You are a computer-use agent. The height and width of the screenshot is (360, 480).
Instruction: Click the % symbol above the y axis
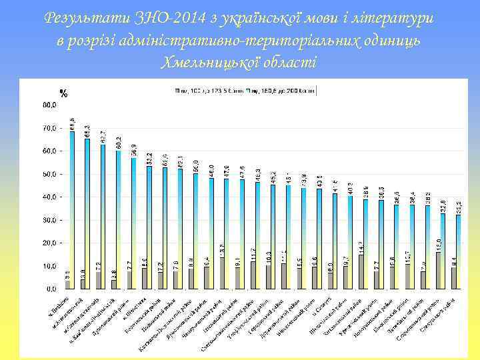tap(63, 93)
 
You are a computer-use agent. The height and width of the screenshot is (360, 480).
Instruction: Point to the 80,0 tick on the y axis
tap(49, 105)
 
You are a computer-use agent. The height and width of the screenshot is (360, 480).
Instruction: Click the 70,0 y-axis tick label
tap(49, 128)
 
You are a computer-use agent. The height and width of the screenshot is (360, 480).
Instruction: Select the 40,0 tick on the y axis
tap(49, 197)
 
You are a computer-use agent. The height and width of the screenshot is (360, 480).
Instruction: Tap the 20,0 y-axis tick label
tap(49, 243)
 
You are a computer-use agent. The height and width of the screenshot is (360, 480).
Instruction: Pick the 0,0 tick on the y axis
tap(51, 289)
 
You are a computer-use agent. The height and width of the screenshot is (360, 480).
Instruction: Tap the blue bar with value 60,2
tap(119, 219)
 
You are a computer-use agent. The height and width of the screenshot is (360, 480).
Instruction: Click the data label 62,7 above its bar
tap(103, 136)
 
